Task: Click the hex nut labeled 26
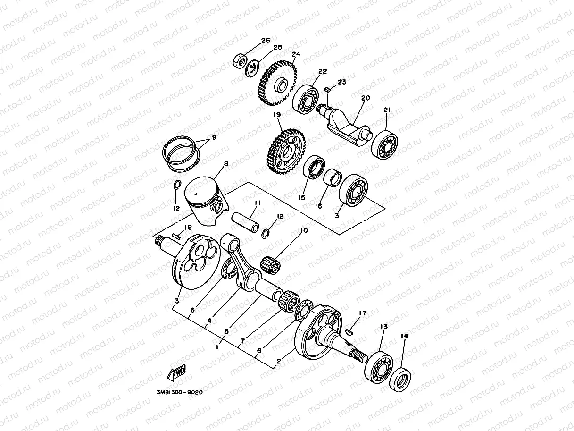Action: tap(239, 60)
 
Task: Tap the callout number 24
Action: tap(296, 54)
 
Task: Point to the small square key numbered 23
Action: tap(327, 89)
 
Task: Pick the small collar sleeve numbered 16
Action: tap(334, 179)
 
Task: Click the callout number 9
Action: tap(214, 137)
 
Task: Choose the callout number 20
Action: tap(366, 98)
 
